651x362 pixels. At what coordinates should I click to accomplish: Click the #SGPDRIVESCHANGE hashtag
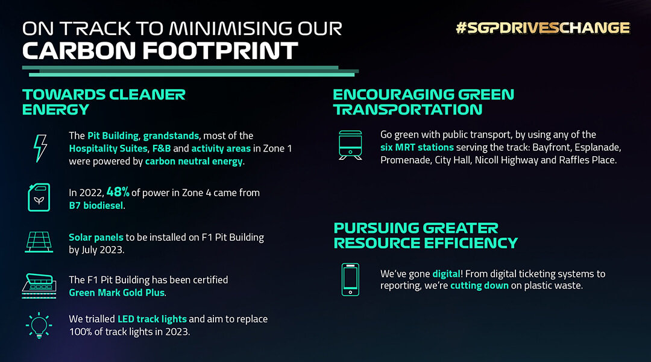542,28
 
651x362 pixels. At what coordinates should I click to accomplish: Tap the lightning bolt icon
40,148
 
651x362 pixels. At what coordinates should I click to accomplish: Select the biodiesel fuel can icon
39,197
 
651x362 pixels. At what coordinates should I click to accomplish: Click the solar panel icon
39,243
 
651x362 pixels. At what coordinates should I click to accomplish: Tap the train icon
350,145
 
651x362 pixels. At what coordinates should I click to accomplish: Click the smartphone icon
350,280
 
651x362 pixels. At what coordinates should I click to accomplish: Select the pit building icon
39,285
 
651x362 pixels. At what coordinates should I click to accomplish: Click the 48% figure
118,192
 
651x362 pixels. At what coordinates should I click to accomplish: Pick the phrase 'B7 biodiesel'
96,205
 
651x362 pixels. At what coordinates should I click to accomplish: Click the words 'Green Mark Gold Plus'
117,293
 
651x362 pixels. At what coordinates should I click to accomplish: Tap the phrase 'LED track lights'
152,319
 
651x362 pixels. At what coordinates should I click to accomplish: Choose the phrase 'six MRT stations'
417,147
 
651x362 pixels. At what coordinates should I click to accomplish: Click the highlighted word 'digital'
446,273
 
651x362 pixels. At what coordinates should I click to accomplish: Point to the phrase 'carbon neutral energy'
193,161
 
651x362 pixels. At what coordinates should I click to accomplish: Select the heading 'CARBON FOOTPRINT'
160,51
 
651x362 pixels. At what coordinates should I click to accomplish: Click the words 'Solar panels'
96,237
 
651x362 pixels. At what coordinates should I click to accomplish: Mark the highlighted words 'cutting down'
479,285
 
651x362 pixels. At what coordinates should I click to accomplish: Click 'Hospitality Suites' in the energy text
108,148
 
